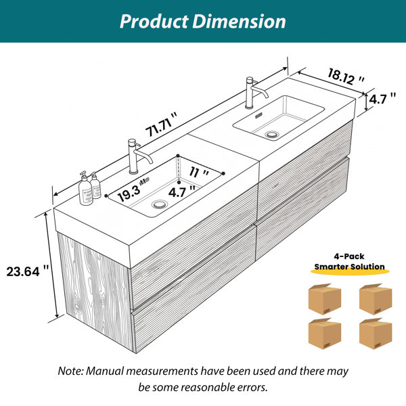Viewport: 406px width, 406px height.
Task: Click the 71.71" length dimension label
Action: point(162,124)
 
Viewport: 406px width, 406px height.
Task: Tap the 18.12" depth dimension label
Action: point(346,76)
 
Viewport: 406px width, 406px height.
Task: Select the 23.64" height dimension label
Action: point(28,271)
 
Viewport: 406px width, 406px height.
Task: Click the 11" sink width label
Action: point(198,172)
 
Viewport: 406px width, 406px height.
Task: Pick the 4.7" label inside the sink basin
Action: point(182,191)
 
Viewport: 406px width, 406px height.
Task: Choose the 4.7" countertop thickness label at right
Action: point(382,99)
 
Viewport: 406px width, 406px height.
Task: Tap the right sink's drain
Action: point(272,135)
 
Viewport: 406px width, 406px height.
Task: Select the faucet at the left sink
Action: point(137,156)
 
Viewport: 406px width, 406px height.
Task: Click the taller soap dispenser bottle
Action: point(85,189)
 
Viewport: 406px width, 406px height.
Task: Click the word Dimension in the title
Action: point(239,22)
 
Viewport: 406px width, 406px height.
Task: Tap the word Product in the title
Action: point(154,22)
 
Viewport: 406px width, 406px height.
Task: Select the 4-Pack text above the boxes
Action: point(348,256)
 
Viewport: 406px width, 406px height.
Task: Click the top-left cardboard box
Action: point(324,299)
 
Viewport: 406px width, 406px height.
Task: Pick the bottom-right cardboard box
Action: point(376,334)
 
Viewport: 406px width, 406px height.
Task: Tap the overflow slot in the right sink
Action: point(258,116)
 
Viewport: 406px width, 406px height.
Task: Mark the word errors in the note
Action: point(252,387)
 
